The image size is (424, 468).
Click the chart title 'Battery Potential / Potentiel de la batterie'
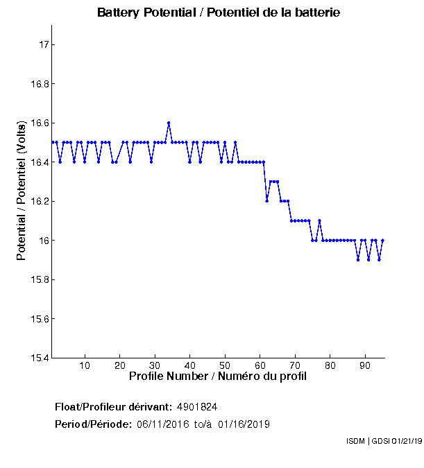(219, 13)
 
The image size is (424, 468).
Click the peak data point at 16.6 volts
(169, 123)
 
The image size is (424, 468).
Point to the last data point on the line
(382, 241)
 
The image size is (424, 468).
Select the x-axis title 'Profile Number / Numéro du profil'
(218, 376)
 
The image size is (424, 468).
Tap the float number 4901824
(198, 406)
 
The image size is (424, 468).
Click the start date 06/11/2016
(162, 424)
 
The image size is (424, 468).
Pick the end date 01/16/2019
(244, 424)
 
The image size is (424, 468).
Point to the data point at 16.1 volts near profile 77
(319, 221)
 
